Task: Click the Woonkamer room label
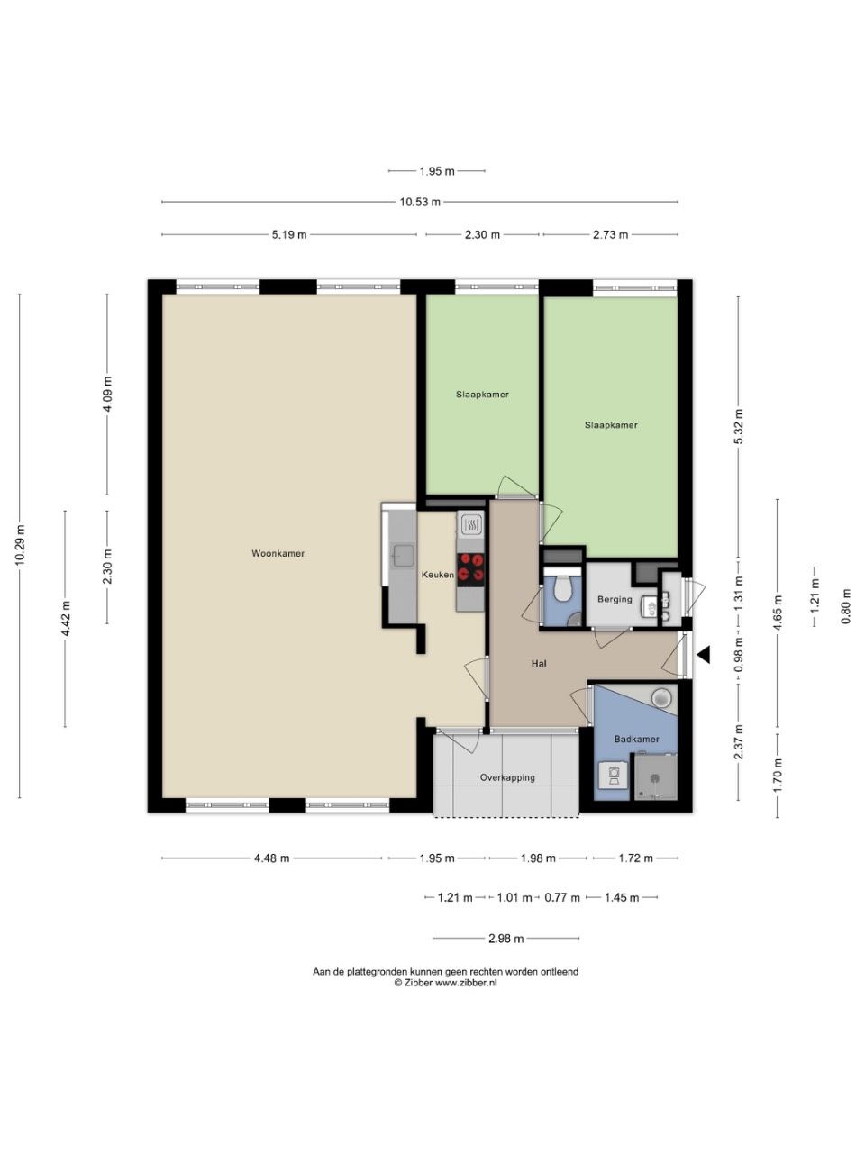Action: (278, 554)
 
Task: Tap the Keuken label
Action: (438, 576)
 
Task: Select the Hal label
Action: (539, 664)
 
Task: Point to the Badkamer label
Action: (636, 739)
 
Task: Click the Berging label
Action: (615, 599)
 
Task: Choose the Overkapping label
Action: (507, 777)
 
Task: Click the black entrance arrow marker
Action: (704, 655)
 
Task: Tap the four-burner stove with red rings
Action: (470, 569)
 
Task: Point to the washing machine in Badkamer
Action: (614, 776)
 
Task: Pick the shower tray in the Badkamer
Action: (655, 776)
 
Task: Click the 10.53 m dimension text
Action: (420, 202)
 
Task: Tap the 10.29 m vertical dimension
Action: (20, 545)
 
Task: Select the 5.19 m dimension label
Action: (289, 235)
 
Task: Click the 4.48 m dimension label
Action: (271, 858)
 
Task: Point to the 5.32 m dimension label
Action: (739, 426)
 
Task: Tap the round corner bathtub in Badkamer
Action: (661, 698)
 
